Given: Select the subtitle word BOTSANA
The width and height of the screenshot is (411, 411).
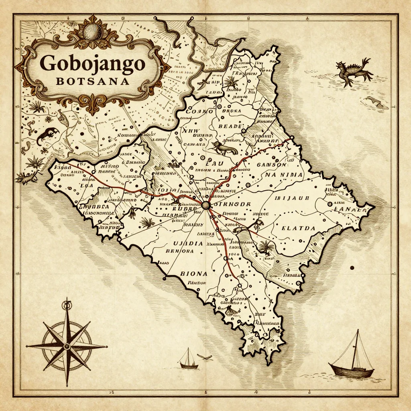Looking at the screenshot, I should [x=93, y=81].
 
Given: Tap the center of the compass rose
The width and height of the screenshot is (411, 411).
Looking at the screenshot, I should [x=67, y=346].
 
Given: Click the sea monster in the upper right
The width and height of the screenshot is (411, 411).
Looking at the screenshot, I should [x=354, y=71].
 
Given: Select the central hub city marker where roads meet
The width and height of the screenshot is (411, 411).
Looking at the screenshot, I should [x=206, y=205].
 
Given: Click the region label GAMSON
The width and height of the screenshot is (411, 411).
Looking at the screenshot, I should [x=271, y=165].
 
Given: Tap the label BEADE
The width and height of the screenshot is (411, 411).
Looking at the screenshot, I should [x=230, y=126].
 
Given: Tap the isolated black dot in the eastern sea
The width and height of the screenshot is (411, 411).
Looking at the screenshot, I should [x=352, y=268].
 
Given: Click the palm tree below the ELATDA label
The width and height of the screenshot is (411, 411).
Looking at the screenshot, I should [x=265, y=247].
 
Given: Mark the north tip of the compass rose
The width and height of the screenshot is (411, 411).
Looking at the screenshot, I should [x=67, y=301].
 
